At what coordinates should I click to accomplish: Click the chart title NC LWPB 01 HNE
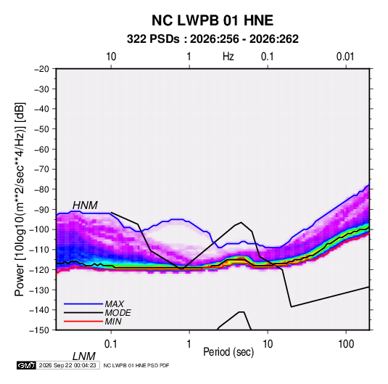tap(212, 20)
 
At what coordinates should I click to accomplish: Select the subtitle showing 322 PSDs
tap(212, 39)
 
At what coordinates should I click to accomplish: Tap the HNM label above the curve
tap(85, 205)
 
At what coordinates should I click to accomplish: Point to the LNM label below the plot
tap(83, 356)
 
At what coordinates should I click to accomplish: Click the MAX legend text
tap(114, 303)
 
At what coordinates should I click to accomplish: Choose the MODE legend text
tap(117, 313)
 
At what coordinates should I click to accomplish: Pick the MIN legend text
tap(113, 322)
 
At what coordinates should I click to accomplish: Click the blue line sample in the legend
tap(83, 304)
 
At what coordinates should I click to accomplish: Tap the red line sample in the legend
tap(83, 322)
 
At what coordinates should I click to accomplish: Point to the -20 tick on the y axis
tap(41, 69)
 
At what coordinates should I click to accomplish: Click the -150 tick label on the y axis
tap(39, 330)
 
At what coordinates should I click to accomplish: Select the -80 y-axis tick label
tap(41, 189)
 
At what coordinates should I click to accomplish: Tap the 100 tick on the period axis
tap(346, 344)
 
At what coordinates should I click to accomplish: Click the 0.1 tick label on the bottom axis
tap(111, 344)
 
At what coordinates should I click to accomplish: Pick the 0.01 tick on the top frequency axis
tap(345, 57)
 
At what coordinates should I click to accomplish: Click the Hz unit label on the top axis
tap(228, 57)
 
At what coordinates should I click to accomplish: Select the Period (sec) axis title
tap(228, 352)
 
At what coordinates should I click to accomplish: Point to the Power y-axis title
tap(20, 199)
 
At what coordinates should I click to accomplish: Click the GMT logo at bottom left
tap(27, 365)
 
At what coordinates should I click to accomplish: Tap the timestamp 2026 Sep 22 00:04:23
tap(67, 365)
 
